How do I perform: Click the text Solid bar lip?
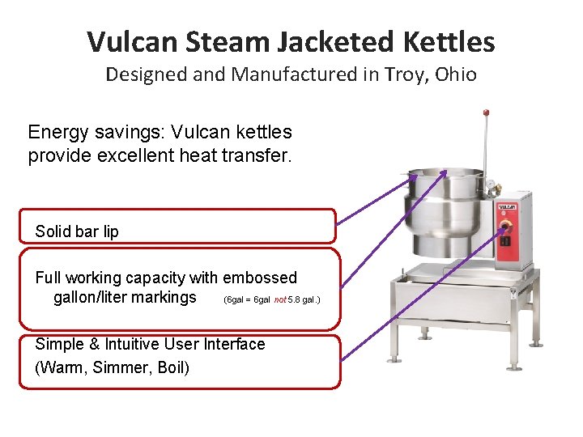coord(77,231)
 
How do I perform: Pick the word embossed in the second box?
coord(260,278)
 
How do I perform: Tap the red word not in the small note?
coord(280,300)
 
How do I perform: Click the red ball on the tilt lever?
coord(486,112)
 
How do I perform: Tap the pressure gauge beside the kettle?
coord(492,189)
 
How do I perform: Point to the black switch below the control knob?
coord(507,240)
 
